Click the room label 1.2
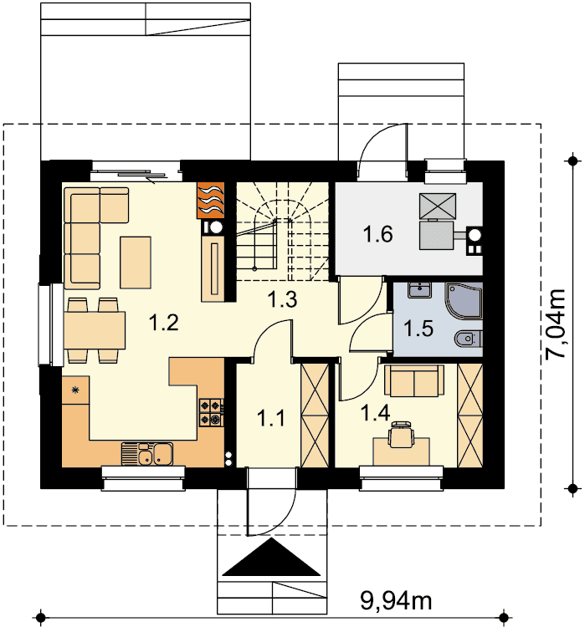click(163, 323)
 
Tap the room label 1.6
click(377, 234)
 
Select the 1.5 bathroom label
click(418, 329)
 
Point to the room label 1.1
click(271, 418)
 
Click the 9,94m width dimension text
click(396, 599)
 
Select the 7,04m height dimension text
click(557, 324)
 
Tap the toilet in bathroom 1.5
click(469, 339)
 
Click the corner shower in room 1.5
click(464, 301)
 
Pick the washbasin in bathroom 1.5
click(419, 290)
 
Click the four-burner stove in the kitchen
click(212, 412)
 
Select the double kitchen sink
click(147, 454)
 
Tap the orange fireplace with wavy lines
click(210, 201)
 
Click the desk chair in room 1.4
click(401, 434)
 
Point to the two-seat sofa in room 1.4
click(414, 380)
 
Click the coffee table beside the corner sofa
click(136, 263)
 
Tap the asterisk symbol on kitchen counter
click(74, 390)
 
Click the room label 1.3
click(282, 299)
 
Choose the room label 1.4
click(375, 413)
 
